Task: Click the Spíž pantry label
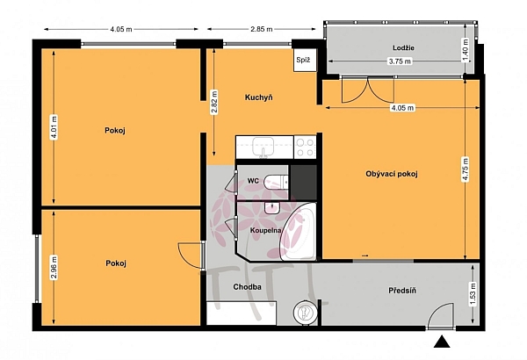click(x=303, y=61)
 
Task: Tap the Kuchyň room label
click(x=258, y=97)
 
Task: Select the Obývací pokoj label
click(x=392, y=174)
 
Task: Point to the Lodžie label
click(x=403, y=47)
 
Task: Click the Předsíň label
click(x=402, y=290)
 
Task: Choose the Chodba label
click(x=247, y=287)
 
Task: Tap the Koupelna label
click(x=265, y=231)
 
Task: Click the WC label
click(x=253, y=181)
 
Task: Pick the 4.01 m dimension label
click(x=54, y=127)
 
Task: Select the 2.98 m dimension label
click(x=54, y=268)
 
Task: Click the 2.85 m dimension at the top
click(x=261, y=29)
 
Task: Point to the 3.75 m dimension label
click(x=400, y=61)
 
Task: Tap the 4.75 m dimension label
click(x=466, y=169)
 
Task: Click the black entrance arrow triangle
click(x=442, y=342)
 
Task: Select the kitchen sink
click(x=263, y=147)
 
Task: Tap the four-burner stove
click(x=305, y=147)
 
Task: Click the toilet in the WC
click(x=277, y=182)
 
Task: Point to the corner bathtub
click(x=298, y=232)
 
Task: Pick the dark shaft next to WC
click(x=304, y=183)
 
